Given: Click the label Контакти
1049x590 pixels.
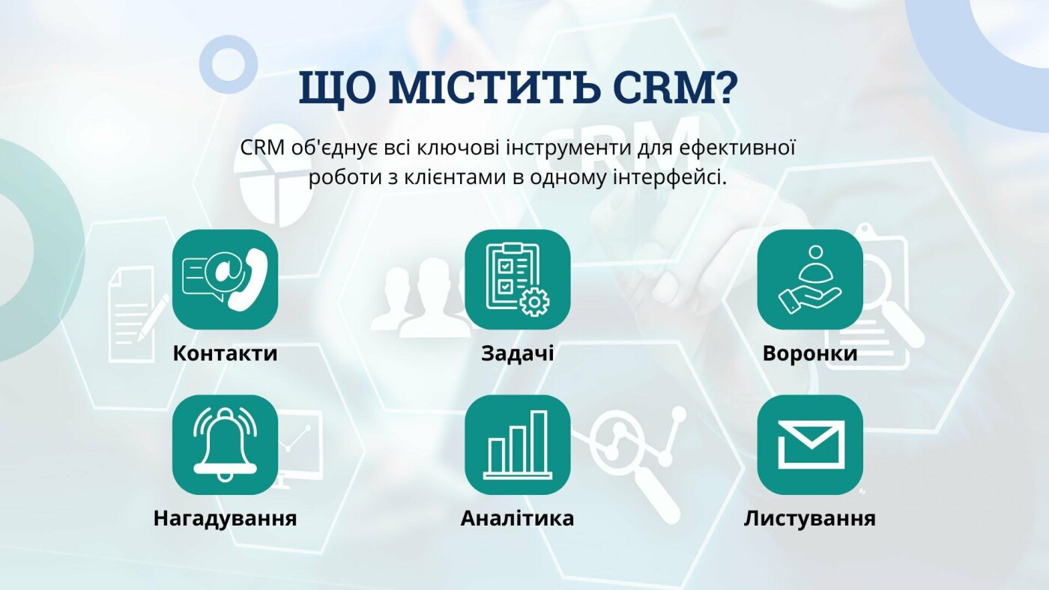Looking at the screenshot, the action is pyautogui.click(x=225, y=353).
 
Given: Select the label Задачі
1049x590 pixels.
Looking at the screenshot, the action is pyautogui.click(x=518, y=353).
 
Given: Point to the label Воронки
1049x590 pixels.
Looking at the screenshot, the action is pyautogui.click(x=810, y=353).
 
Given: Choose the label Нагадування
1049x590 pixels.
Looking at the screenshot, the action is pyautogui.click(x=225, y=519).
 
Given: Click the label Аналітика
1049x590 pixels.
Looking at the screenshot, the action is pyautogui.click(x=518, y=518).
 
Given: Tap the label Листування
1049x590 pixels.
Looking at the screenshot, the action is pyautogui.click(x=810, y=519).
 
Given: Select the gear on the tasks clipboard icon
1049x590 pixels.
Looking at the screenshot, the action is pyautogui.click(x=533, y=302).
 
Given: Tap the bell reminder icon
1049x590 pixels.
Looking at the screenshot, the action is pyautogui.click(x=225, y=445).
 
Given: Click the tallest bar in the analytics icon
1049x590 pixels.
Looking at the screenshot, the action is pyautogui.click(x=539, y=442).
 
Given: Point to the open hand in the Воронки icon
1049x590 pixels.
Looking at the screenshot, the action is pyautogui.click(x=808, y=299).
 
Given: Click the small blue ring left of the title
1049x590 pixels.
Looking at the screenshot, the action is pyautogui.click(x=229, y=64).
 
